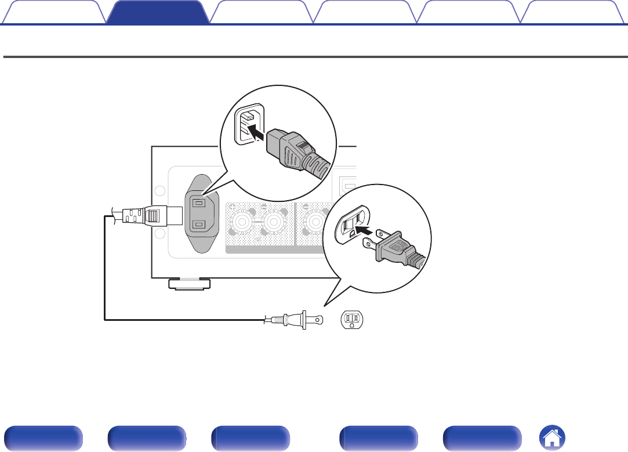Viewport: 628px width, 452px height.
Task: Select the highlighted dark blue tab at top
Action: click(x=158, y=12)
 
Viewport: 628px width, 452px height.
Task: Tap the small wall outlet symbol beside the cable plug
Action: click(x=352, y=319)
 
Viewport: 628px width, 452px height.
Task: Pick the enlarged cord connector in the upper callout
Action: click(x=296, y=154)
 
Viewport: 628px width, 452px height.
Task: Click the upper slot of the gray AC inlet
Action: click(x=198, y=203)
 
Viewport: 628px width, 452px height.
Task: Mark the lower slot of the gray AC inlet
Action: click(x=198, y=225)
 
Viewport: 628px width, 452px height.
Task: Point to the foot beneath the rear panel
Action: click(x=189, y=284)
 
